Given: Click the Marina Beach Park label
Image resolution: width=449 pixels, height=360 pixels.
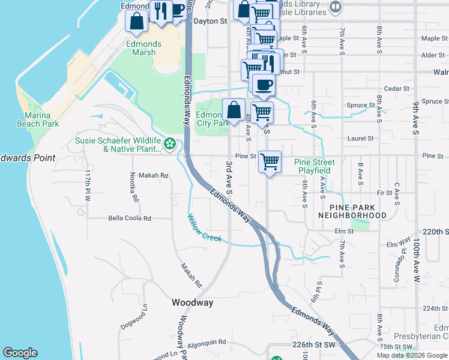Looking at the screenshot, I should [41, 119].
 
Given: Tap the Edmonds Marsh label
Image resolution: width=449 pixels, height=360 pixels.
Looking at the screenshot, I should [143, 48].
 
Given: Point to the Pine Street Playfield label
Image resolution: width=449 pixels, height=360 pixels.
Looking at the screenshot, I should [314, 166].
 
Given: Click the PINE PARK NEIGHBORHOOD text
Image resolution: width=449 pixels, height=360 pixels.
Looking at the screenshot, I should [352, 211].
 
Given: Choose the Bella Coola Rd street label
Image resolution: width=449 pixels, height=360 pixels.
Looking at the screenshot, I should [130, 218].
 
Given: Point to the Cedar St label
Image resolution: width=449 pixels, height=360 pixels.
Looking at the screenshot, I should [396, 88].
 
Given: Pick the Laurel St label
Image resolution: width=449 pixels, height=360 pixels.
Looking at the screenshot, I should [360, 138].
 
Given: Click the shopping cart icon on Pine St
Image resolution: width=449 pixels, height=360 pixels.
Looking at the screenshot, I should [270, 161].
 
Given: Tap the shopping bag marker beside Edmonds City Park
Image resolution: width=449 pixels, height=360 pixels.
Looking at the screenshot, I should [234, 110].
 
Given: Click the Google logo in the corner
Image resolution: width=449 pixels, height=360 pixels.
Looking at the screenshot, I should [20, 353].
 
